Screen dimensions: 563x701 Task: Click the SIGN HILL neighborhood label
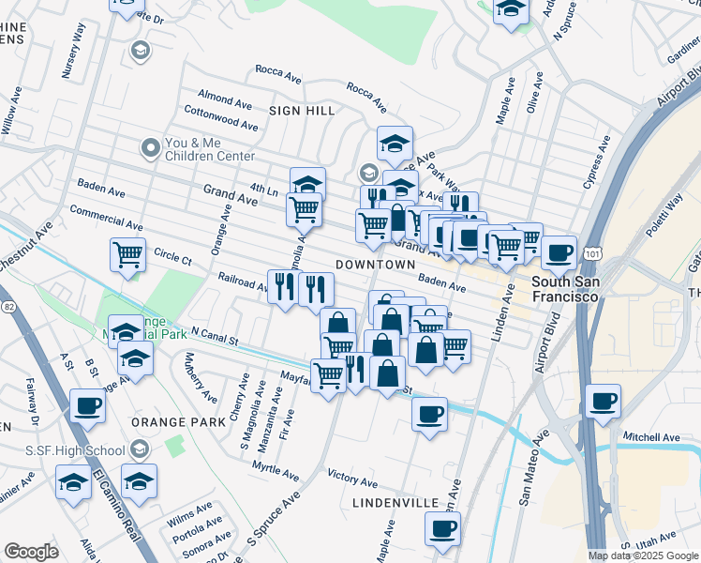pyautogui.click(x=302, y=111)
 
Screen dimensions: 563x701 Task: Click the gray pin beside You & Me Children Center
pyautogui.click(x=148, y=147)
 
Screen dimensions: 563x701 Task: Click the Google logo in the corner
pyautogui.click(x=31, y=552)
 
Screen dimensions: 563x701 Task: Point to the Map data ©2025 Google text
pyautogui.click(x=642, y=555)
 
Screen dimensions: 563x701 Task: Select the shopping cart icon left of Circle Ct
pyautogui.click(x=127, y=252)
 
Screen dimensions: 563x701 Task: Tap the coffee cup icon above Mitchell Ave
pyautogui.click(x=602, y=402)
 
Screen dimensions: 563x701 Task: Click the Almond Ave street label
pyautogui.click(x=224, y=97)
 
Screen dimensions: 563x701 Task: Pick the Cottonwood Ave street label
pyautogui.click(x=220, y=117)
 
